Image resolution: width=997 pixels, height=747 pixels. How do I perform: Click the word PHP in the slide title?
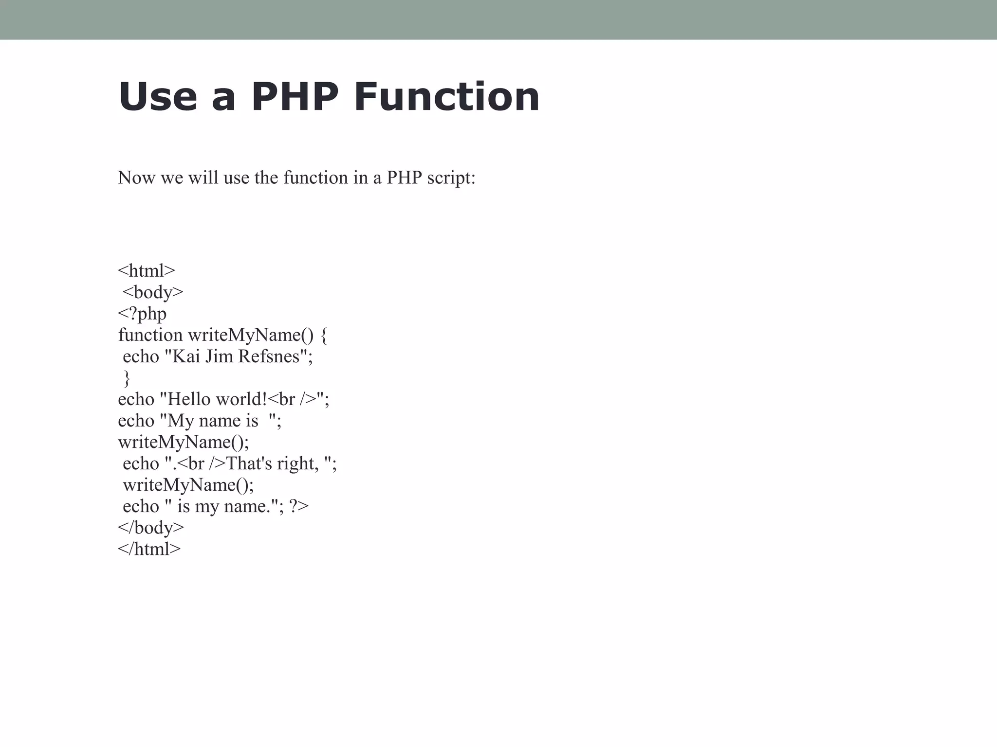295,97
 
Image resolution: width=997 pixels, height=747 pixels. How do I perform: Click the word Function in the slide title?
447,97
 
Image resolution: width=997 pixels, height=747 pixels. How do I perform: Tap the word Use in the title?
158,97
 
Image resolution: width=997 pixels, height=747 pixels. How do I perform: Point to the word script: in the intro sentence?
451,178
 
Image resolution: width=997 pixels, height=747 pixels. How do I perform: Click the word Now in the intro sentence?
137,178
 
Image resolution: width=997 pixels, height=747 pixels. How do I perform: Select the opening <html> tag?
146,270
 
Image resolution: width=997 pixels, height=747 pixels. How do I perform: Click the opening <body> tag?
153,292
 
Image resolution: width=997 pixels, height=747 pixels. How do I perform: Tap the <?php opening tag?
142,314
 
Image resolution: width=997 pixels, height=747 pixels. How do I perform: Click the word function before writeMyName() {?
150,335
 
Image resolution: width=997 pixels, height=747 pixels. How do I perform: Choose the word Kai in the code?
186,356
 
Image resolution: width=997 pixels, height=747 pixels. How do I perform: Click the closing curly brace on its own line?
127,378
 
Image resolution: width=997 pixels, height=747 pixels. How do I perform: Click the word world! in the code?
241,399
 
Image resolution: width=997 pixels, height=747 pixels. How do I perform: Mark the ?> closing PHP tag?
299,506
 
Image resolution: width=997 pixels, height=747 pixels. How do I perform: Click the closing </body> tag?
151,528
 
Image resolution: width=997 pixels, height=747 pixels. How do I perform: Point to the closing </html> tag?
149,549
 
